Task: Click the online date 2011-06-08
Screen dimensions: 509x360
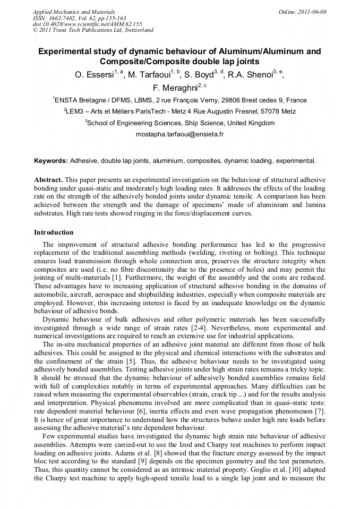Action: pyautogui.click(x=312, y=12)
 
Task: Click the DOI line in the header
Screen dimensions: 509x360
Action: pyautogui.click(x=88, y=24)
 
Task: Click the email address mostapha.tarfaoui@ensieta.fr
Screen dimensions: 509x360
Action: pyautogui.click(x=179, y=134)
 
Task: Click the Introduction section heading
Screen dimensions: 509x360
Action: pyautogui.click(x=54, y=232)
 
